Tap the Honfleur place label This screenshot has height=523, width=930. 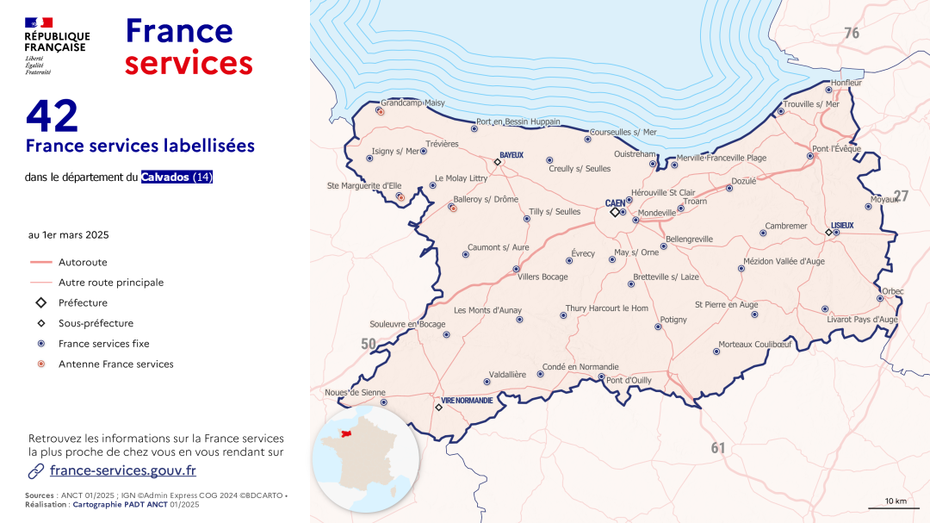846,83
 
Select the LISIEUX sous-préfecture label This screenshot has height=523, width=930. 842,225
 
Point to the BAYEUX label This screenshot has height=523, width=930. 511,155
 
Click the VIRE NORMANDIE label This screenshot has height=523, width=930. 467,401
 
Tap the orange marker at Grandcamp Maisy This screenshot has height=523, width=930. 381,111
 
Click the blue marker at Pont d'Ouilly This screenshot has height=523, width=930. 601,377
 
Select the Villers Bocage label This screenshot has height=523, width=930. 542,277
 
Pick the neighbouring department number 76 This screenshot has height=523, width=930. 852,34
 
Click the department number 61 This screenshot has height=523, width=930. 718,448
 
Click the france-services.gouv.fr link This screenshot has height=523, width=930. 122,470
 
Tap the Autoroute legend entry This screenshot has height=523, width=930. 83,262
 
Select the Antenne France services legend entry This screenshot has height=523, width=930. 115,364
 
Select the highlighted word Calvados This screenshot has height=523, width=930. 165,177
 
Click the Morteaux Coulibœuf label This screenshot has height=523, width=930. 754,344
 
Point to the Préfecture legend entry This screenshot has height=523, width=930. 83,303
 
